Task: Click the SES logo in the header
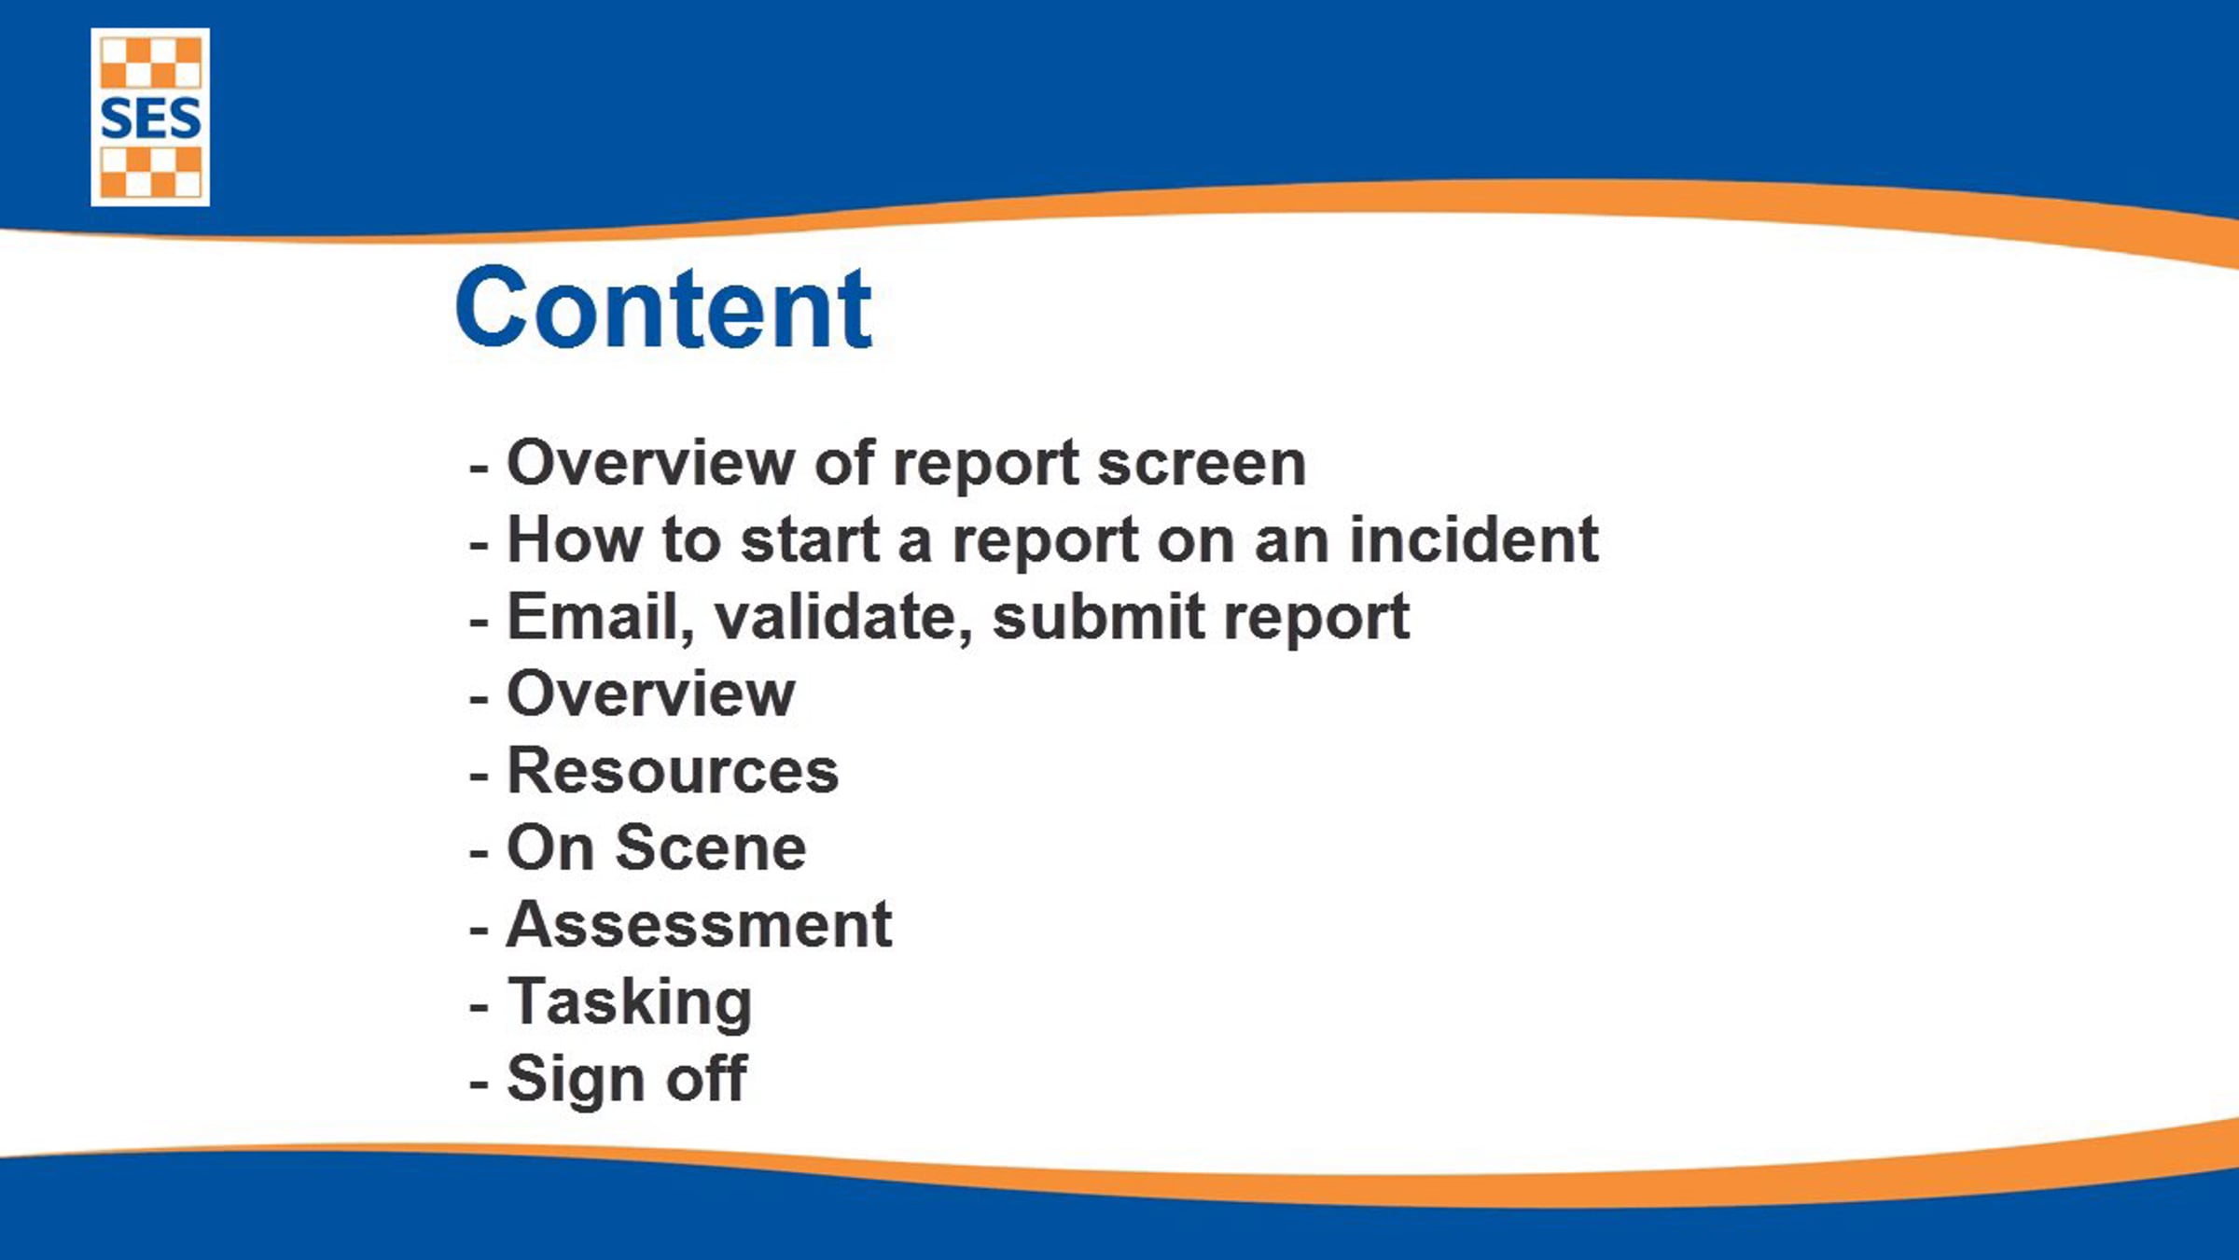pyautogui.click(x=150, y=117)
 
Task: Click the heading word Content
pyautogui.click(x=663, y=307)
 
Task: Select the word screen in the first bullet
pyautogui.click(x=1202, y=463)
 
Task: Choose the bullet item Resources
pyautogui.click(x=673, y=771)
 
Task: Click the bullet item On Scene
pyautogui.click(x=657, y=847)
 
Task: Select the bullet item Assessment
pyautogui.click(x=699, y=925)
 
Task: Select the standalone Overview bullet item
pyautogui.click(x=651, y=694)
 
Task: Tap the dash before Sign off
pyautogui.click(x=479, y=1084)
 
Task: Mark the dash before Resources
pyautogui.click(x=479, y=776)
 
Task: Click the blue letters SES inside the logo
pyautogui.click(x=150, y=119)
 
